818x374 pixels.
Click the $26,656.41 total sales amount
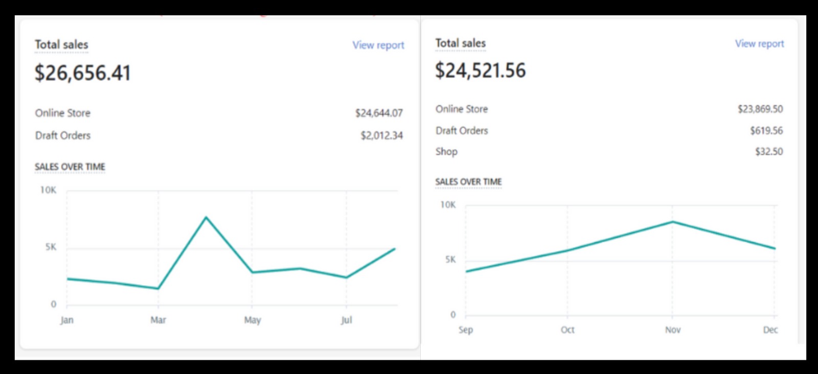(x=82, y=73)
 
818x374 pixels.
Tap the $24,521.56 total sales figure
(x=480, y=71)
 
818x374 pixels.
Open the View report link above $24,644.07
(x=378, y=45)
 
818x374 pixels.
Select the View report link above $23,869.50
(x=759, y=43)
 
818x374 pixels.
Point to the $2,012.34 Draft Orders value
(x=381, y=135)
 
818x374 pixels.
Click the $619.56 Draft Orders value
(x=766, y=130)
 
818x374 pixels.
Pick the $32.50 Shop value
(x=769, y=151)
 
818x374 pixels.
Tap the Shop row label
(x=446, y=151)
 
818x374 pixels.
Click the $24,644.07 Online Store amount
(x=379, y=113)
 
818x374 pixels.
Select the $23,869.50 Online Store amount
(x=760, y=109)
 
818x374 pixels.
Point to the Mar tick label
(x=158, y=320)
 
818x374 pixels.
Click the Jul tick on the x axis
(x=346, y=320)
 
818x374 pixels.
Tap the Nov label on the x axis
(x=673, y=330)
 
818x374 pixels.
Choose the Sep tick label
(x=466, y=330)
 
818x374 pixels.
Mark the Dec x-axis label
(x=770, y=330)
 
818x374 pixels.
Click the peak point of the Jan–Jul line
(x=206, y=218)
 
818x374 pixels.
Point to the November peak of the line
(x=673, y=222)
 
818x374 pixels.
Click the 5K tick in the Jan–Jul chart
(x=51, y=247)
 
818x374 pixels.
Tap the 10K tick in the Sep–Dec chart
(x=448, y=205)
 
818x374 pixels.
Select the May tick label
(x=252, y=320)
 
